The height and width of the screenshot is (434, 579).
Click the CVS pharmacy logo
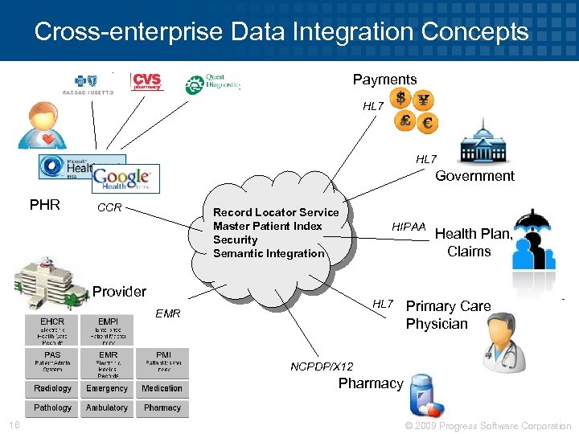click(x=147, y=82)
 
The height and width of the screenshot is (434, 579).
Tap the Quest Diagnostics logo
click(x=212, y=84)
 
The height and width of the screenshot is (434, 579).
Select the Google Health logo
click(x=125, y=178)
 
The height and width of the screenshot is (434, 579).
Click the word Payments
click(x=384, y=80)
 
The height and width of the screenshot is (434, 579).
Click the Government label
click(x=474, y=176)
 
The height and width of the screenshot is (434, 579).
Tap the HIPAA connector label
click(x=409, y=227)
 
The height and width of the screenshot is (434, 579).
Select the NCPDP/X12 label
click(x=322, y=366)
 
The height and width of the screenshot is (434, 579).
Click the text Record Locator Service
click(x=276, y=212)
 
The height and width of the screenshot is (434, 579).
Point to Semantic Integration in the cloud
click(x=269, y=253)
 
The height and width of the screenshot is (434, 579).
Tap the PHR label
click(x=45, y=205)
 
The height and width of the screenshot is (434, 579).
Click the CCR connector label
click(x=109, y=208)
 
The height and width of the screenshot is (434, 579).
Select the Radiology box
click(x=52, y=388)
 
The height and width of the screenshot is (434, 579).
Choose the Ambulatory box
click(x=107, y=407)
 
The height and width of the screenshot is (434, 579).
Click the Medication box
click(x=162, y=388)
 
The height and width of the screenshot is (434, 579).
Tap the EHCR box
click(x=52, y=330)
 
